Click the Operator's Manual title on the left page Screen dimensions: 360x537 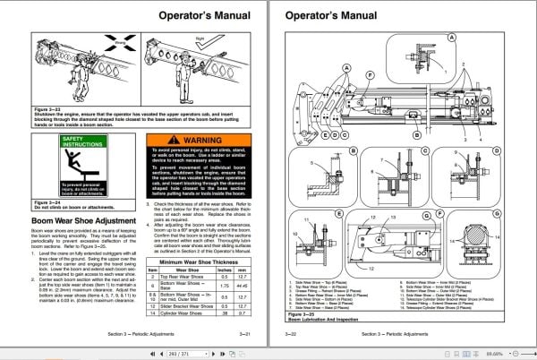point(204,16)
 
